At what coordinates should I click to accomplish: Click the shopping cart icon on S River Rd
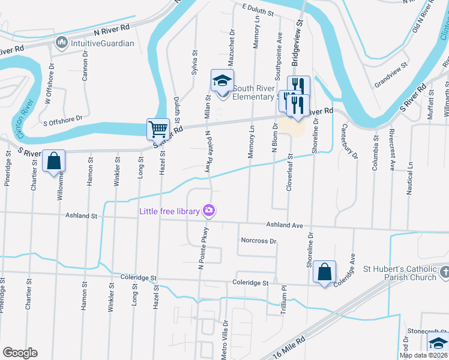157,128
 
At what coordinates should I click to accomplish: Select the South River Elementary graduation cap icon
221,80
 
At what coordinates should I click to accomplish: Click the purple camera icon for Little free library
208,210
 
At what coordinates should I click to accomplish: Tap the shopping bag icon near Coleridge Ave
324,271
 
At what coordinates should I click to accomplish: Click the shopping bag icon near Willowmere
53,161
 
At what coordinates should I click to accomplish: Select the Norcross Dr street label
258,241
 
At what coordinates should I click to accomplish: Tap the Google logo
20,353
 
